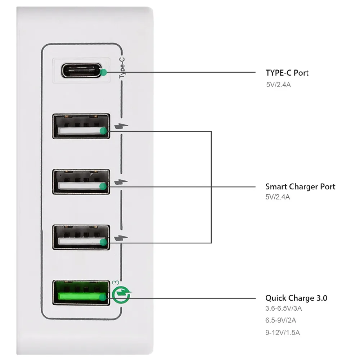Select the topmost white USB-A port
81,126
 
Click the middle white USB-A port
81,182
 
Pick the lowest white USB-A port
81,237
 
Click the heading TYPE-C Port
287,73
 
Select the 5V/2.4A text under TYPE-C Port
278,86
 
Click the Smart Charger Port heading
300,186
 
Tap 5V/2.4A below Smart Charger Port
278,197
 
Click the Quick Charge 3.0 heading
296,298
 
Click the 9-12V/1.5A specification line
283,332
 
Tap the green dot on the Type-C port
104,72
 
